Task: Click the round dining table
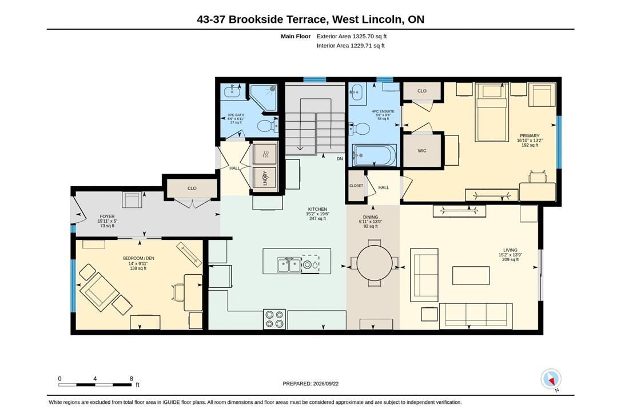(x=375, y=263)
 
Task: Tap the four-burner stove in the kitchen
(x=274, y=319)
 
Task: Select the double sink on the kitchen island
(x=289, y=264)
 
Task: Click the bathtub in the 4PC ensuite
(x=375, y=155)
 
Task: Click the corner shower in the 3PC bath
(x=264, y=97)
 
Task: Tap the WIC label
(x=422, y=151)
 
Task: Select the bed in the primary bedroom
(x=492, y=113)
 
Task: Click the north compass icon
(x=551, y=379)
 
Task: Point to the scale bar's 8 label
(x=132, y=379)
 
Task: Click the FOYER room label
(x=107, y=216)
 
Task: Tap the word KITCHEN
(x=317, y=209)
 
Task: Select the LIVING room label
(x=510, y=250)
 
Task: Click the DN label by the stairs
(x=340, y=159)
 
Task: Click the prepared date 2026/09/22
(x=325, y=384)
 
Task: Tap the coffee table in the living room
(x=471, y=276)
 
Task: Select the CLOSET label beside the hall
(x=356, y=186)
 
